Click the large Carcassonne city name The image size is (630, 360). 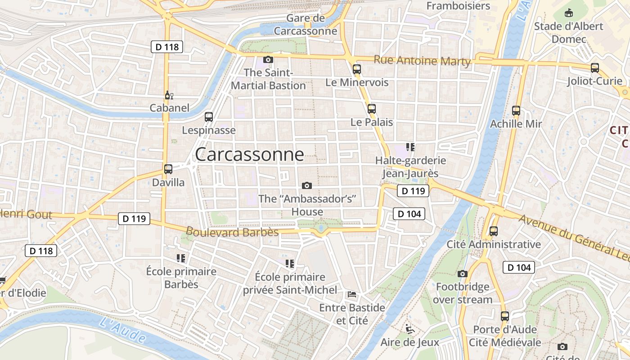pyautogui.click(x=249, y=154)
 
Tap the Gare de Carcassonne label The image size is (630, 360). pyautogui.click(x=306, y=25)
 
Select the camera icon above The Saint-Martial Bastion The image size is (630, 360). pyautogui.click(x=268, y=59)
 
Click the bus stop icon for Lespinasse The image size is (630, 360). pyautogui.click(x=208, y=117)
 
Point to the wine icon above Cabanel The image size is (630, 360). pyautogui.click(x=169, y=95)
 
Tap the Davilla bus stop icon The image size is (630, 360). pyautogui.click(x=168, y=169)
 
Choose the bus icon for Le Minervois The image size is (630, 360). pyautogui.click(x=357, y=69)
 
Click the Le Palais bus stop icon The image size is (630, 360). pyautogui.click(x=371, y=108)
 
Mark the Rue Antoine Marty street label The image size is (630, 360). pyautogui.click(x=422, y=61)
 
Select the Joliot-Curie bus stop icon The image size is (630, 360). pyautogui.click(x=595, y=68)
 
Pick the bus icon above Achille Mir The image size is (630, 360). pyautogui.click(x=516, y=110)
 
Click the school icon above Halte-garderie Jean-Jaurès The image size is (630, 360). pyautogui.click(x=410, y=147)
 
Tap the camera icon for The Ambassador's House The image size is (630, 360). pyautogui.click(x=307, y=185)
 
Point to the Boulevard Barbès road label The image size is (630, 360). pyautogui.click(x=232, y=232)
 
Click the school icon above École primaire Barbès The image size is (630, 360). pyautogui.click(x=181, y=258)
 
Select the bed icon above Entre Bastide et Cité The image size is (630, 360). pyautogui.click(x=352, y=294)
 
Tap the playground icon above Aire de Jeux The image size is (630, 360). pyautogui.click(x=409, y=329)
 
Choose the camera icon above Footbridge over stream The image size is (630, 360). pyautogui.click(x=462, y=274)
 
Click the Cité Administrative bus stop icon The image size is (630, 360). pyautogui.click(x=494, y=231)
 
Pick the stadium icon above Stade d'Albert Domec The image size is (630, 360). pyautogui.click(x=569, y=13)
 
